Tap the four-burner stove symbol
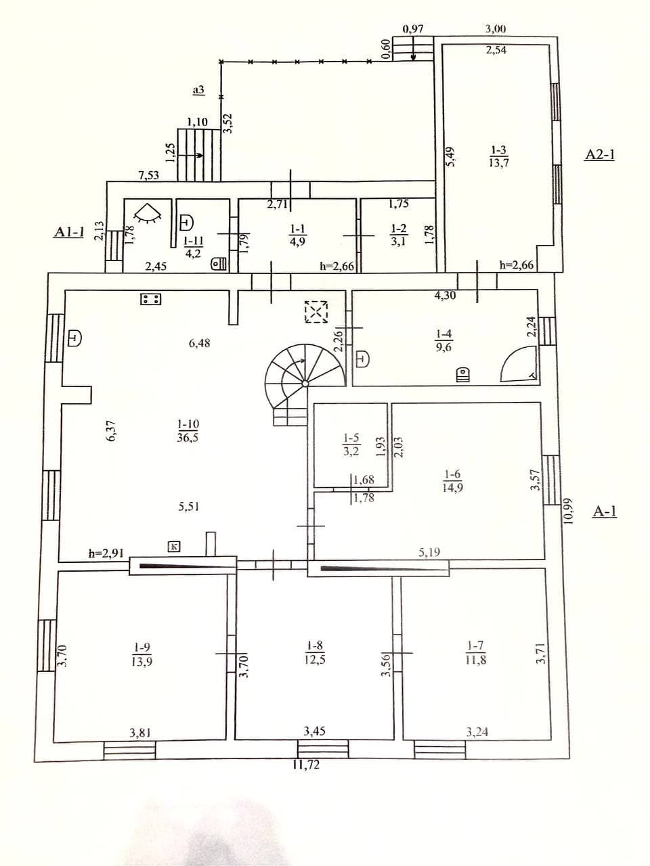pos(151,299)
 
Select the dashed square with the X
pos(316,312)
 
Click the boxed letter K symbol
pos(174,547)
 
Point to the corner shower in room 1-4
pos(519,364)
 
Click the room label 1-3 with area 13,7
pos(499,156)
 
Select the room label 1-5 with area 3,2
pos(351,445)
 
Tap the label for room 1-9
pos(142,654)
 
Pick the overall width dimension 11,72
pos(306,765)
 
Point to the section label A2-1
pos(599,155)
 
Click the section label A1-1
pos(69,232)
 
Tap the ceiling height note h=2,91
pos(106,553)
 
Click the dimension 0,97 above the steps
pos(413,29)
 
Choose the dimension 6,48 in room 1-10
pos(199,343)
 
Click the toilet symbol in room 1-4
pos(462,374)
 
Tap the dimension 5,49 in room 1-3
pos(450,157)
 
